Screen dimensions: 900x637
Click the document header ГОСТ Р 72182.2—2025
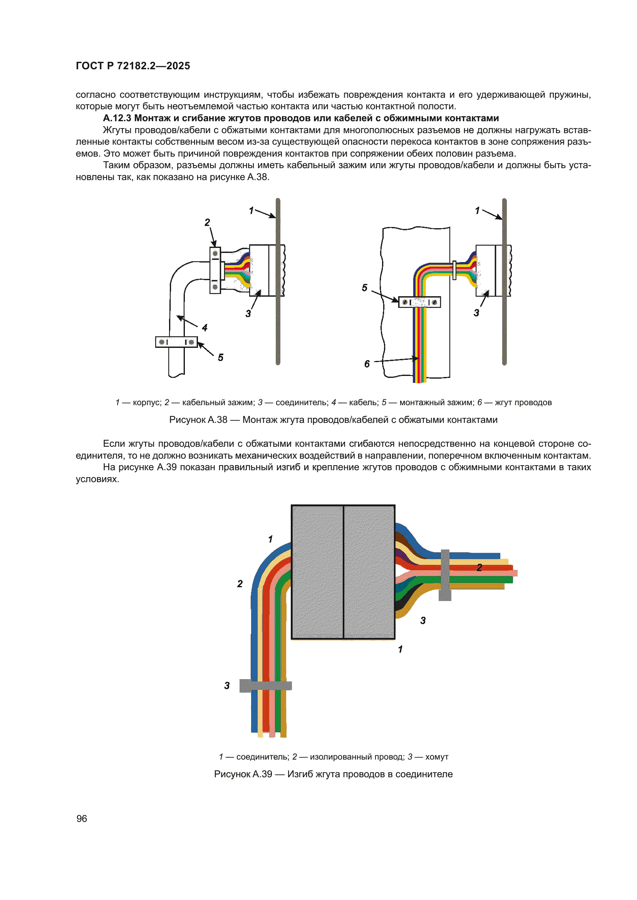pos(132,66)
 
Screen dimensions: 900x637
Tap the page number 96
pos(82,818)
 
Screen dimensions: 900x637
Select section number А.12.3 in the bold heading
pos(117,118)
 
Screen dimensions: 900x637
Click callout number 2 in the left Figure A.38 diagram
pos(207,222)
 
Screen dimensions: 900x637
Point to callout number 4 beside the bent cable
pos(205,328)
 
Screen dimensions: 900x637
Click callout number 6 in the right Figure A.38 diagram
pos(367,364)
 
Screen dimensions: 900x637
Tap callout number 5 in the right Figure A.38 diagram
pos(364,288)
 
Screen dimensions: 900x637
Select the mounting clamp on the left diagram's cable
pos(176,342)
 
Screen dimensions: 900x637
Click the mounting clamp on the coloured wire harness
pos(419,302)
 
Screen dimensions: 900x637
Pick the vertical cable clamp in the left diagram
pos(215,270)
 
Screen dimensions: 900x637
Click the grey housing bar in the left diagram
pos(278,282)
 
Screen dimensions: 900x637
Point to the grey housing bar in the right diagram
pos(504,282)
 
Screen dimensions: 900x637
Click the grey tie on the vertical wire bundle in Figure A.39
pos(266,686)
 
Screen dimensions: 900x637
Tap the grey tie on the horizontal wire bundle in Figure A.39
pos(445,574)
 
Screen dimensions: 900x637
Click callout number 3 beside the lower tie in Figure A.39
pos(227,686)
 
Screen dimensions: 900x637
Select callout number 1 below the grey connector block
pos(400,649)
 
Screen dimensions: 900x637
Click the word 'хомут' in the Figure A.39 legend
pos(437,757)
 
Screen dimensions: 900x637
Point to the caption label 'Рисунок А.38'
pos(198,420)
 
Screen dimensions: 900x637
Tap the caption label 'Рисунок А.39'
pos(243,774)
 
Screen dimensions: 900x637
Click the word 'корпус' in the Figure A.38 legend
pos(147,402)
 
